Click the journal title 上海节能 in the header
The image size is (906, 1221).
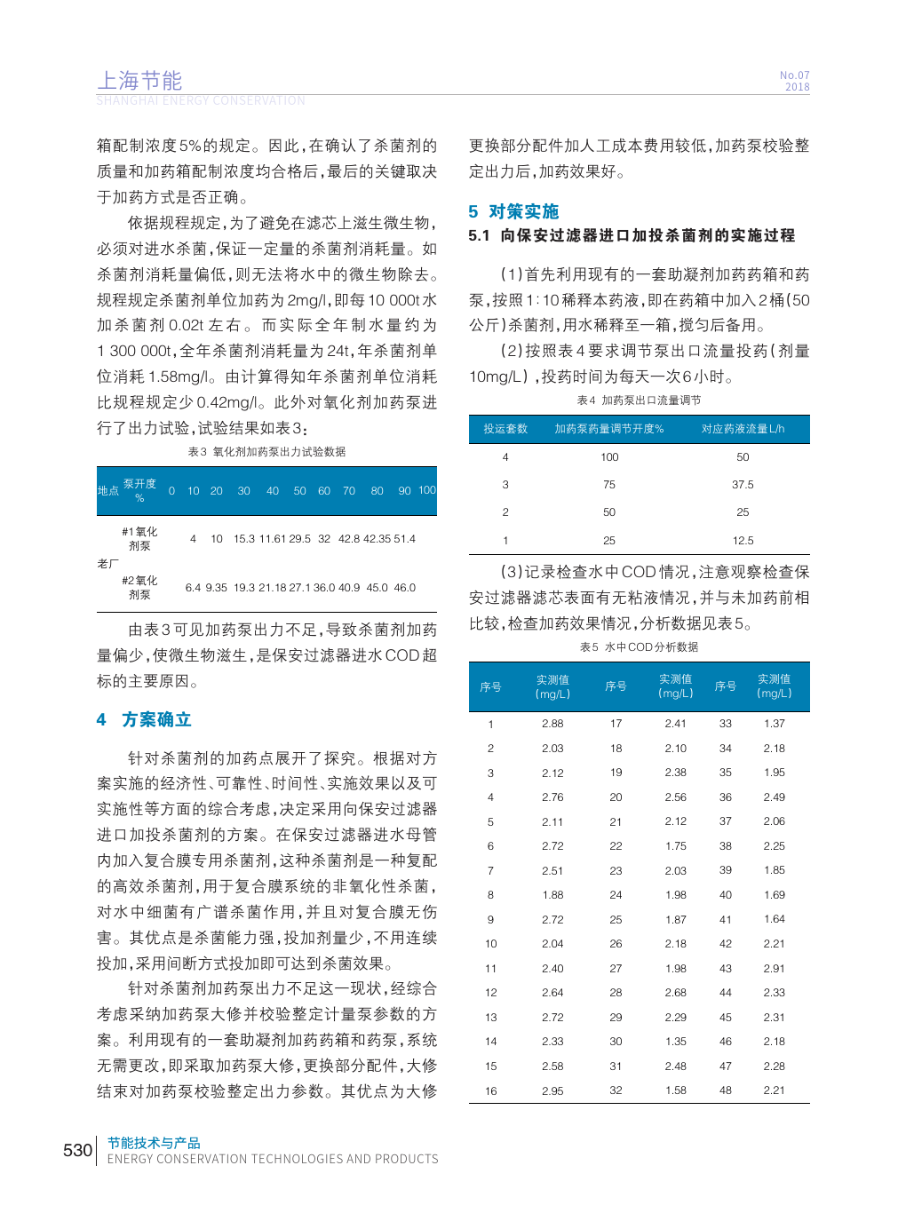139,81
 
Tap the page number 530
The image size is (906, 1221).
77,1150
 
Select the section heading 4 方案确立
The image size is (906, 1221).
144,719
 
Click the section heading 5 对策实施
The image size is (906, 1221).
513,211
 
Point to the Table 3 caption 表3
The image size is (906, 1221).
197,452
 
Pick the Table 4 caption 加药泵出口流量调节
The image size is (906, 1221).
651,400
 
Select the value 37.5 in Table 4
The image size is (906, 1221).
743,485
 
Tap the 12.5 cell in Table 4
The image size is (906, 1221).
743,541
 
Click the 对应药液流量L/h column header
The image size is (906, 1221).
743,429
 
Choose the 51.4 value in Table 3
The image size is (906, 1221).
404,539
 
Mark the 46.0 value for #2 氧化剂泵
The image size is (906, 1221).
404,588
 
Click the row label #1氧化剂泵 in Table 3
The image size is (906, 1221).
139,539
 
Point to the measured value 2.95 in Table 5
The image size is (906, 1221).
552,1091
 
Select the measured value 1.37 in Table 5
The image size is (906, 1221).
774,724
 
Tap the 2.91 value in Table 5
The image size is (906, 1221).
774,969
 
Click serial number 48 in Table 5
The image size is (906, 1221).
726,1090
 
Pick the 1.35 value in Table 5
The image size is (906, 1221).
675,1042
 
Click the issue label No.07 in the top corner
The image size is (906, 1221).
794,75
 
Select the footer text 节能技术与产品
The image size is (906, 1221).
154,1143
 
